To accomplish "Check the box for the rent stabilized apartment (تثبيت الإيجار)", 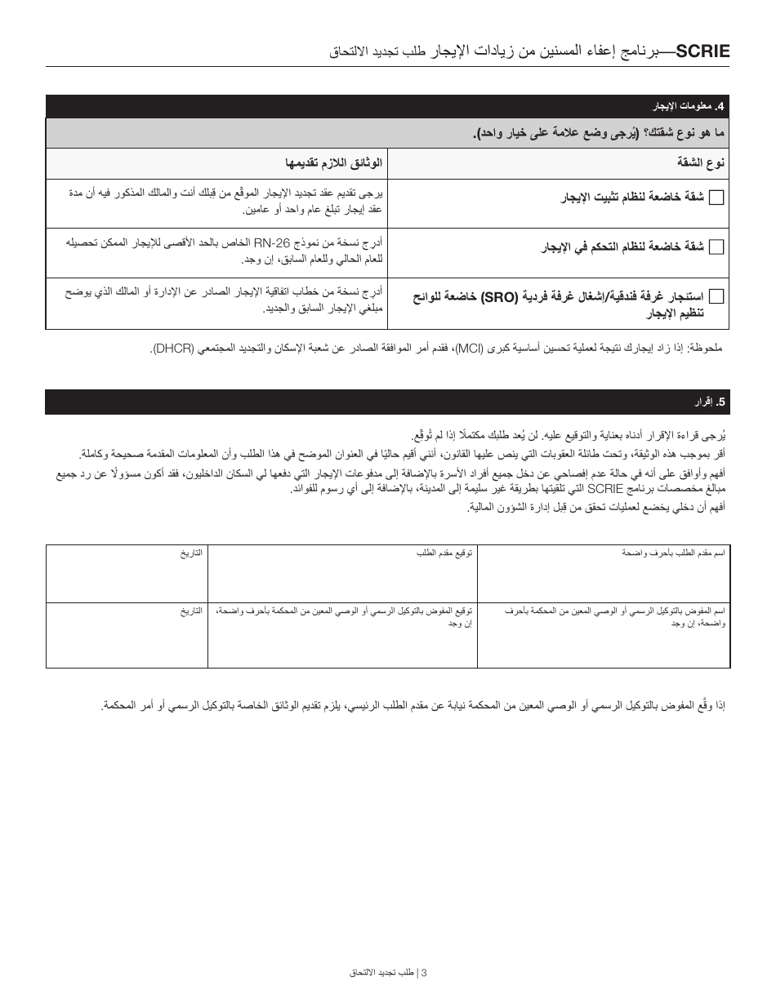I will coord(716,198).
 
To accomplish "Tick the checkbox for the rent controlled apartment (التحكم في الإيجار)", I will coord(716,247).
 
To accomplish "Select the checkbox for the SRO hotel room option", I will coord(716,296).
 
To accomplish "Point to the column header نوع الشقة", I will coord(701,162).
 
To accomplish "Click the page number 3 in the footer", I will coord(424,972).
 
